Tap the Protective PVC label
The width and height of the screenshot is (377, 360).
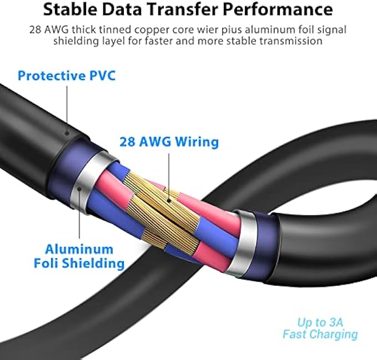[67, 75]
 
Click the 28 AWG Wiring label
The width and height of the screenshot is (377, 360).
[169, 141]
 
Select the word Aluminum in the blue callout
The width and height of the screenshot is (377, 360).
[79, 249]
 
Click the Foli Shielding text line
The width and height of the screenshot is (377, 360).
[85, 263]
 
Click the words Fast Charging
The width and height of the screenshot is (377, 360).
[320, 334]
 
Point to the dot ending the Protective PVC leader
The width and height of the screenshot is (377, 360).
[67, 132]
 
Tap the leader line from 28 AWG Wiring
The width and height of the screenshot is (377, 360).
[167, 172]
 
